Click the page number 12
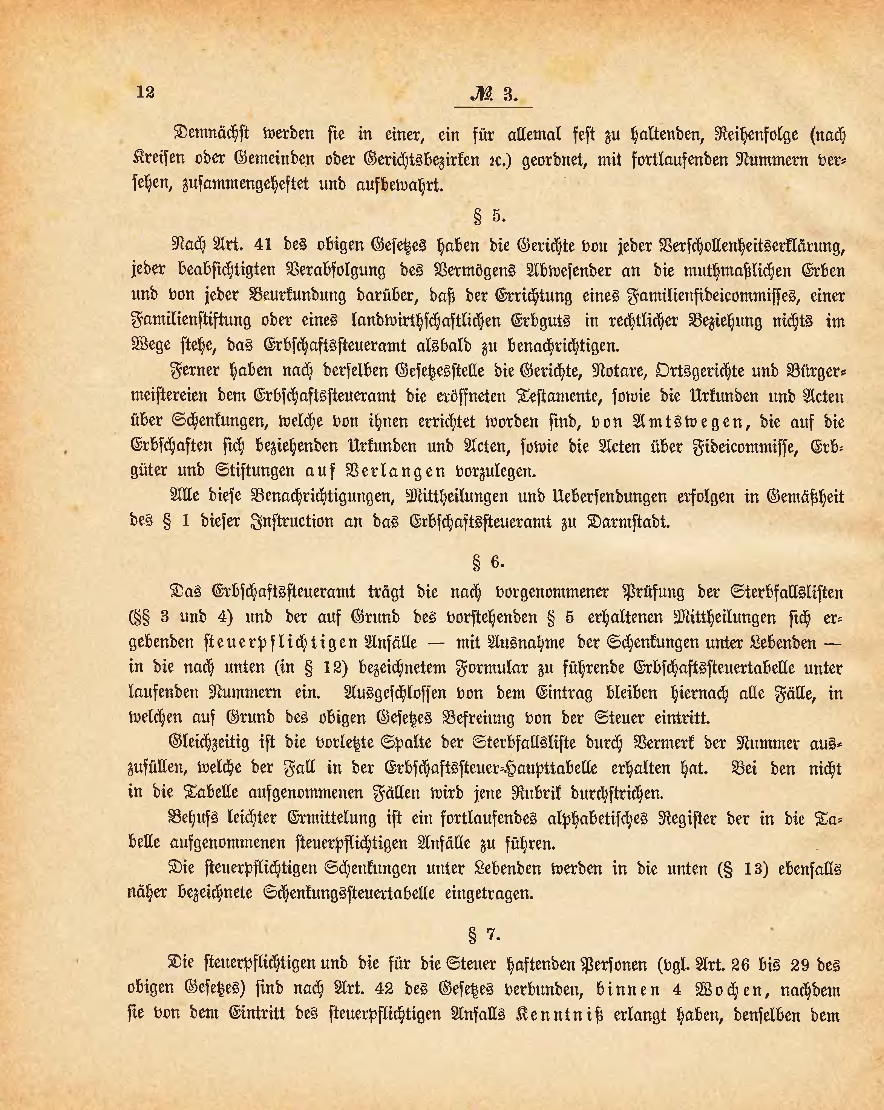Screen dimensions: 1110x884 tap(145, 92)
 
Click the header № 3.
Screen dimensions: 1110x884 tap(493, 95)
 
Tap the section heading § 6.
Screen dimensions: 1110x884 tap(488, 562)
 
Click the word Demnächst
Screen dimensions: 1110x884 tap(212, 134)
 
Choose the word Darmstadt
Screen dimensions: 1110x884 tap(628, 522)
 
